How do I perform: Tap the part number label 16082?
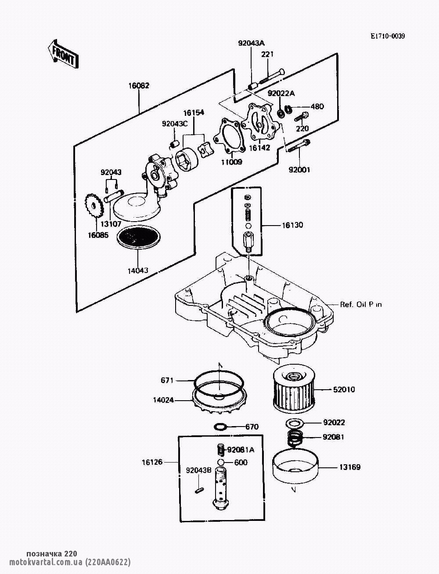[x=139, y=86]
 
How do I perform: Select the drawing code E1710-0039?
[x=387, y=36]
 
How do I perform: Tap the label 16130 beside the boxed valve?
[x=292, y=226]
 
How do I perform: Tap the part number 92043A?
[x=252, y=43]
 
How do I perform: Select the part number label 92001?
[x=299, y=170]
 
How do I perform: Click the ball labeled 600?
[x=221, y=463]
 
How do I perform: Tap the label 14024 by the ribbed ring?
[x=163, y=400]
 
